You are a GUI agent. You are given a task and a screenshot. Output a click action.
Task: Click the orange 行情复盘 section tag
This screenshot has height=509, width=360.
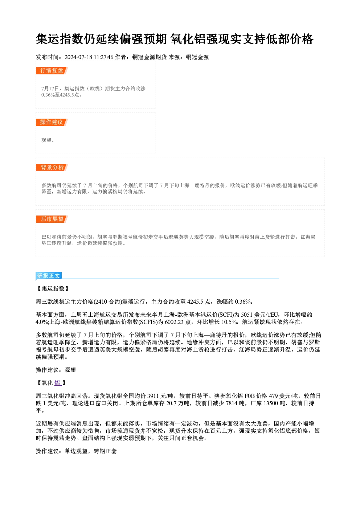tap(52, 71)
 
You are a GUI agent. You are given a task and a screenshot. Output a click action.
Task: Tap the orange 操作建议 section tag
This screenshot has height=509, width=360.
tap(52, 122)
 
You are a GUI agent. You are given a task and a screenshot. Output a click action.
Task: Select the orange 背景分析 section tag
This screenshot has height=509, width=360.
tap(52, 168)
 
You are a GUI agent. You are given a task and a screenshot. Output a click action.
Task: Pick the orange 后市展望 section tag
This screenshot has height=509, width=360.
tap(52, 219)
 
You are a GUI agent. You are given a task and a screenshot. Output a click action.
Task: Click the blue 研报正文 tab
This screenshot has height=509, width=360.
tap(49, 276)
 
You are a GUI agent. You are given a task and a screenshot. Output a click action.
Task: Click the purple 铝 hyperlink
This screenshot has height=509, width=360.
tap(57, 383)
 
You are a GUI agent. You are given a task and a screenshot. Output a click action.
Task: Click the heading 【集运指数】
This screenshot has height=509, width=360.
tap(53, 288)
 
